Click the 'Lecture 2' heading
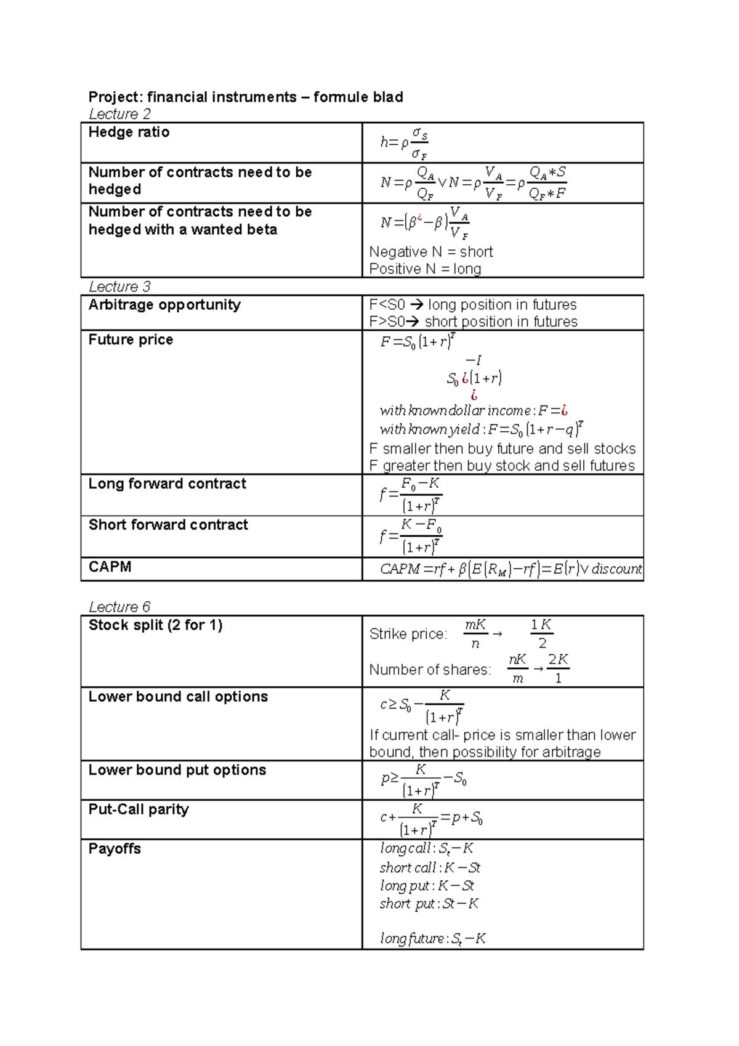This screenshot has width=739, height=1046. pos(119,114)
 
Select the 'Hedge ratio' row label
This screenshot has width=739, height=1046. pos(129,132)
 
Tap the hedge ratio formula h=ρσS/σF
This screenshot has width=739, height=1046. pos(404,143)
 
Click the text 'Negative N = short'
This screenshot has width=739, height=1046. pos(431,252)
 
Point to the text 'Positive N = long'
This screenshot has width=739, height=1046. pos(425,269)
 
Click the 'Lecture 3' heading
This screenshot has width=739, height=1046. pos(119,286)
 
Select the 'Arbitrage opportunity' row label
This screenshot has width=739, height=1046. pos(164,305)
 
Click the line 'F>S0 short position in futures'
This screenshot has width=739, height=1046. pos(473,322)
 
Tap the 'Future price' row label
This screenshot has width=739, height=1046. pos(131,340)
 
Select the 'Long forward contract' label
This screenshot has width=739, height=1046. pos(167,484)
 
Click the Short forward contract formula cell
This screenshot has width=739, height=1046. pos(411,537)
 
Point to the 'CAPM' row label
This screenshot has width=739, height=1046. pos(110,567)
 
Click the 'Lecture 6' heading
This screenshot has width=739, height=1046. pos(119,607)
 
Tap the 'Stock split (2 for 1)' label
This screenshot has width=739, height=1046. pos(155,625)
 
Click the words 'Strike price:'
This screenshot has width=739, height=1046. pos(408,634)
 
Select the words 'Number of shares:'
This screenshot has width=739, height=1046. pos(430,670)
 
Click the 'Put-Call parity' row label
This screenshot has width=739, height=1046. pos(139,809)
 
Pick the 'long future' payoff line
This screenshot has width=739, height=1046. pos(433,939)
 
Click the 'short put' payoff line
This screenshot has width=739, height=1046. pos(429,904)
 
